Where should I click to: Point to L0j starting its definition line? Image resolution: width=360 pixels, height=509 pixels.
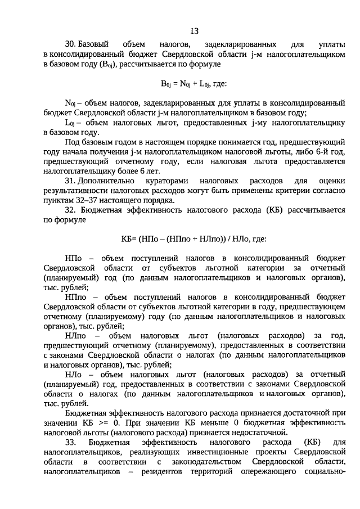tap(70, 123)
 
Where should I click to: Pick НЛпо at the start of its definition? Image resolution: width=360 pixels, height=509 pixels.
tap(76, 335)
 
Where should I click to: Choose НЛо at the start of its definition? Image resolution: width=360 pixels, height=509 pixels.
tap(74, 374)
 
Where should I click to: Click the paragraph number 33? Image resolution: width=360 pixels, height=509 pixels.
tap(70, 442)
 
